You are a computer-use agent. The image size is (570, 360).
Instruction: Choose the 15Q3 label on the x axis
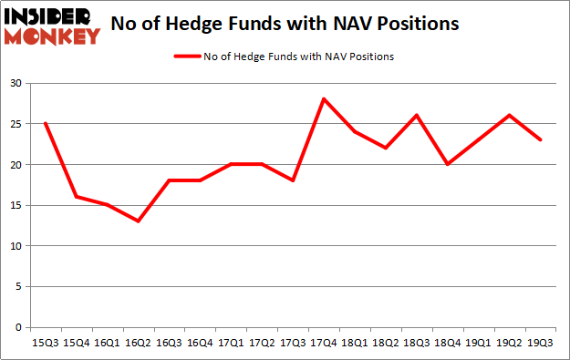[x=44, y=345]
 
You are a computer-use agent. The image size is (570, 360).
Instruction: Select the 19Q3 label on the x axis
[x=541, y=345]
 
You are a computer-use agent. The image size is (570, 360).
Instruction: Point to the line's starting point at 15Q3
[x=44, y=124]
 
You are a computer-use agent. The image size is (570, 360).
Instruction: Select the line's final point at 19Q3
[x=541, y=140]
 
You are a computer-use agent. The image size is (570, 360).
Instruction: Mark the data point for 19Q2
[x=508, y=116]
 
